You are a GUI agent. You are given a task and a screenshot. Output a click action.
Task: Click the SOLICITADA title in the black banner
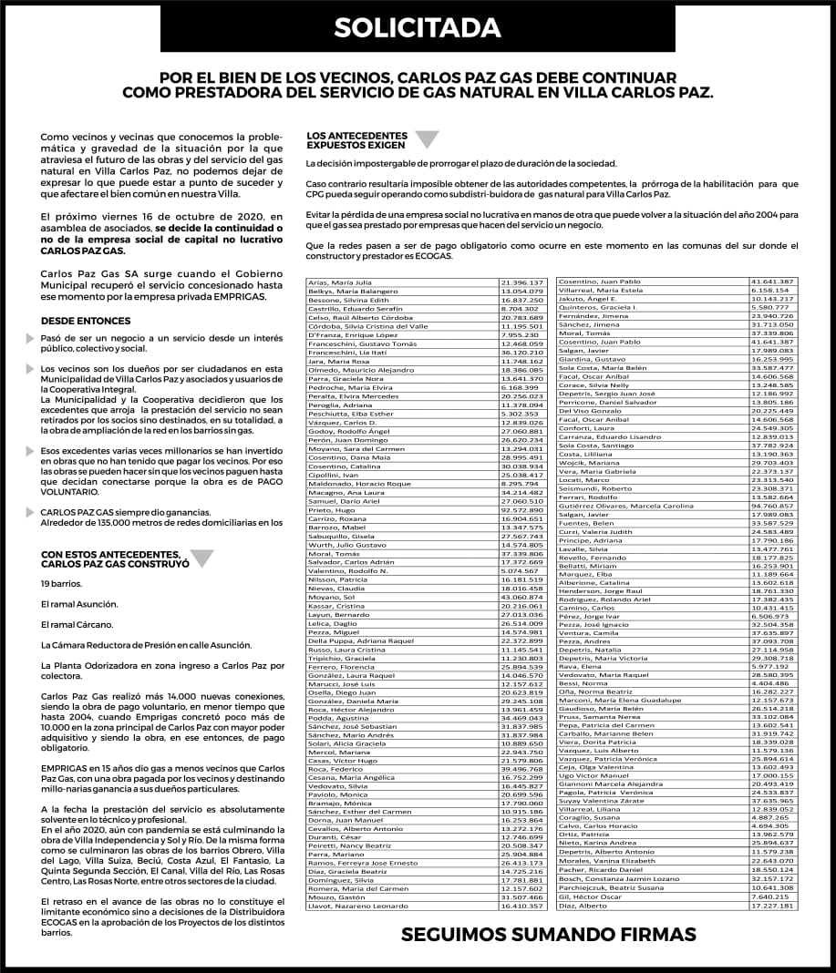418,28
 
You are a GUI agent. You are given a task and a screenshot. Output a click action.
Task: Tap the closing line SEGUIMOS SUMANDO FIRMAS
549,935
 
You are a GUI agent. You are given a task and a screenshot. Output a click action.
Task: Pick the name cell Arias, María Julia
338,282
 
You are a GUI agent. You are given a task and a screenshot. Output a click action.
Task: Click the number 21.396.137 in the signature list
522,282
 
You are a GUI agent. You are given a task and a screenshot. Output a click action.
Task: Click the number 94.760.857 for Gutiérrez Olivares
773,506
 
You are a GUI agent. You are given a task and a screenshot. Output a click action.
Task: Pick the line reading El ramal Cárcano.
77,624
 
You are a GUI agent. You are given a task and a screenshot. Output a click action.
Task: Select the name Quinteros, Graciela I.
597,307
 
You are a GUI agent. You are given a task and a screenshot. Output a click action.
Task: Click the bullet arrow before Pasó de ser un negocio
32,339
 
